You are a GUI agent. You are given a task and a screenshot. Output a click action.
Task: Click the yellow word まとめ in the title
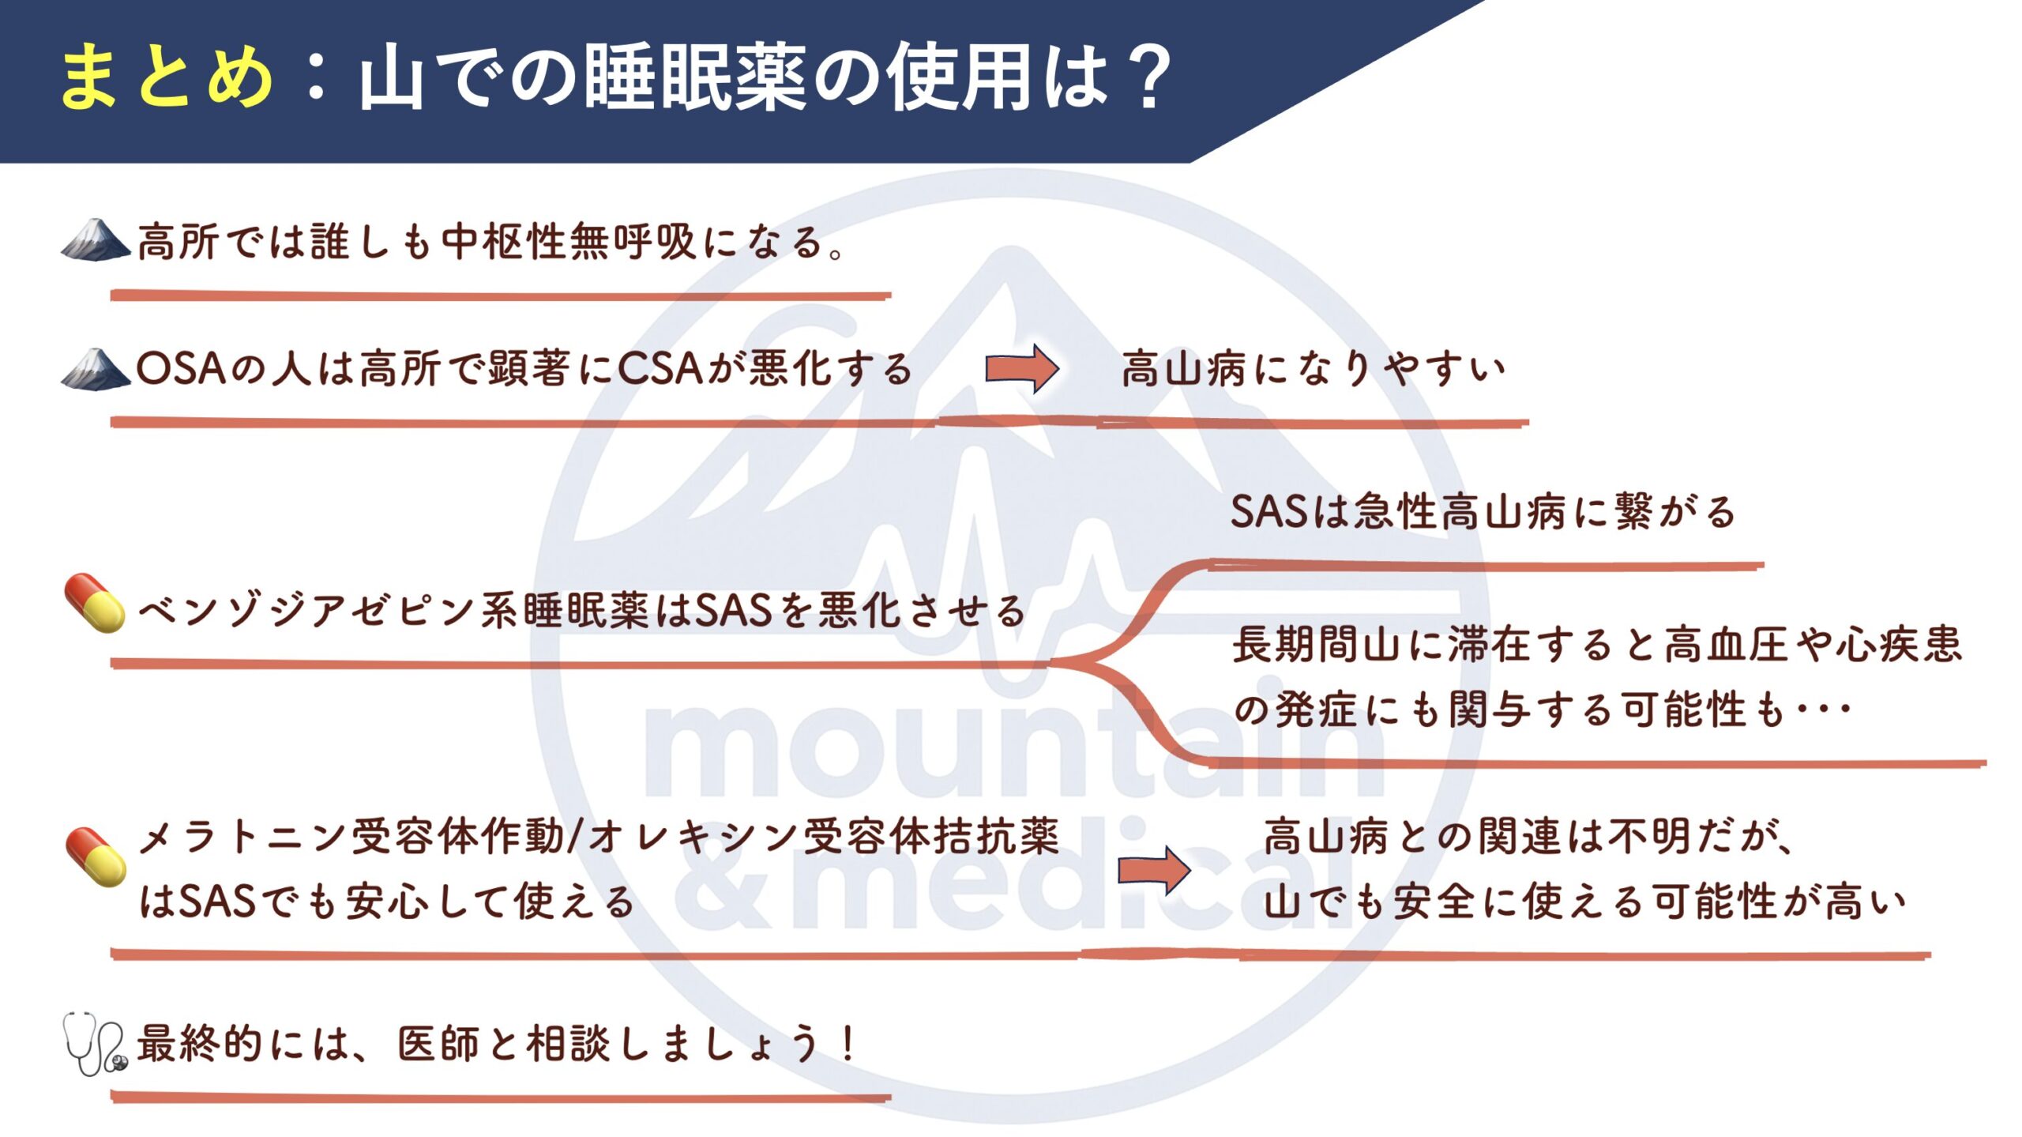(167, 77)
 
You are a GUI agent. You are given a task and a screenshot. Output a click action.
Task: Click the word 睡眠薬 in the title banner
(694, 77)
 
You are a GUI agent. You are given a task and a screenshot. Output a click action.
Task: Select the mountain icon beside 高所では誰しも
(96, 239)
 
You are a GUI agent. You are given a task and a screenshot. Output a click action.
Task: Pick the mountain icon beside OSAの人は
(96, 369)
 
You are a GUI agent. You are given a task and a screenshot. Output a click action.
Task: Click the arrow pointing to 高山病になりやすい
(1021, 369)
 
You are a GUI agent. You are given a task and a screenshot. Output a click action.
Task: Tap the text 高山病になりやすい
(1314, 369)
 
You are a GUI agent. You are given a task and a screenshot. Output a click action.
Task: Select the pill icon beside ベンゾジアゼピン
(95, 604)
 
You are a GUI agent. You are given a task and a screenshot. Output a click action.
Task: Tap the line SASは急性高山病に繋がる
(1483, 511)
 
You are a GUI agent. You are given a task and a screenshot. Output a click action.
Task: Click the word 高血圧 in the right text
(1725, 644)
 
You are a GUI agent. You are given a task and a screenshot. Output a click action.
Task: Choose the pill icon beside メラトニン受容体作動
(96, 858)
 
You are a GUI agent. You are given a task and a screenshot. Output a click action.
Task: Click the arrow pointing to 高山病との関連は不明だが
(1154, 870)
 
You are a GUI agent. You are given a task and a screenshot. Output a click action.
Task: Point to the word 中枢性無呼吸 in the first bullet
(568, 241)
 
